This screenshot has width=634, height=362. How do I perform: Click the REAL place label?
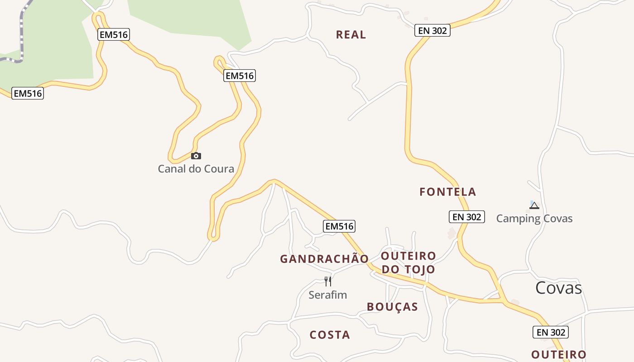[351, 35]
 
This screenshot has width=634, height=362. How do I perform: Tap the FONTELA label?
[447, 192]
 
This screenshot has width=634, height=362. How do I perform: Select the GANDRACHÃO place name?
[324, 259]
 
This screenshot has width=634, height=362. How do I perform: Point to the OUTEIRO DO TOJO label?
[408, 262]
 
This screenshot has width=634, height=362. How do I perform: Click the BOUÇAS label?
[392, 307]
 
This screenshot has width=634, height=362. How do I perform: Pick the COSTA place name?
[330, 335]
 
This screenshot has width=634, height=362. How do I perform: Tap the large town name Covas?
[558, 288]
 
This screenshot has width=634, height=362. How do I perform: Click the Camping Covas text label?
[534, 219]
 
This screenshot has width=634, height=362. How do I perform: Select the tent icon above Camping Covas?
[534, 205]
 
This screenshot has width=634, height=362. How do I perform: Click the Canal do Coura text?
[196, 169]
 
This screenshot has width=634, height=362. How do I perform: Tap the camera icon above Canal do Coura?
[196, 156]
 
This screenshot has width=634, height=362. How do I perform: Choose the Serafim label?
[327, 295]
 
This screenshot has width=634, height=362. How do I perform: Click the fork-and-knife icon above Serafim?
[328, 281]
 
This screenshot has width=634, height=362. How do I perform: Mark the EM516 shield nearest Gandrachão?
[339, 226]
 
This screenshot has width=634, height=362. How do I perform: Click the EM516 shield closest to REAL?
[240, 76]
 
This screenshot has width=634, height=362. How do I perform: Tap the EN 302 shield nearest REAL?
[432, 30]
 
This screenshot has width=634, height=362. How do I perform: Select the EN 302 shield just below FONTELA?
[467, 217]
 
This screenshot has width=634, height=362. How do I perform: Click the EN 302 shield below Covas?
[550, 332]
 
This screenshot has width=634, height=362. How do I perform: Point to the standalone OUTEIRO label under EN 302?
[558, 354]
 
